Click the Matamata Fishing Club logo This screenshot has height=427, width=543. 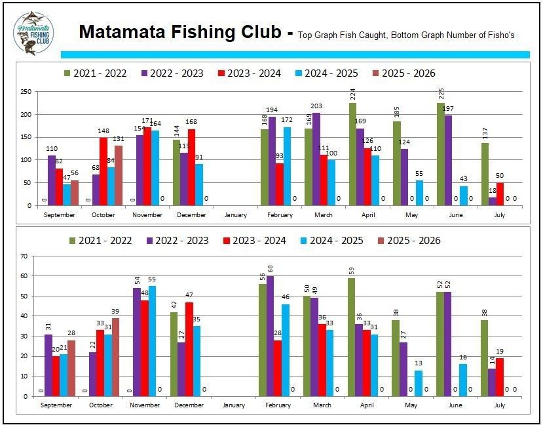pos(33,33)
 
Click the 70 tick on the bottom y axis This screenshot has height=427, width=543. pos(26,256)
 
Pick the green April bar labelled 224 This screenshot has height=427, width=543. pos(352,154)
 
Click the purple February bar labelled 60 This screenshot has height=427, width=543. pos(271,336)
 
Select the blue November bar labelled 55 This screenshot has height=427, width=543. pos(152,340)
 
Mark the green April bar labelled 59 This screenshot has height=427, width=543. pos(352,337)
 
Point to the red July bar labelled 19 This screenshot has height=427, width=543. pos(499,377)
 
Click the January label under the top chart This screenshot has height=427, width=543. pos(234,214)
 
